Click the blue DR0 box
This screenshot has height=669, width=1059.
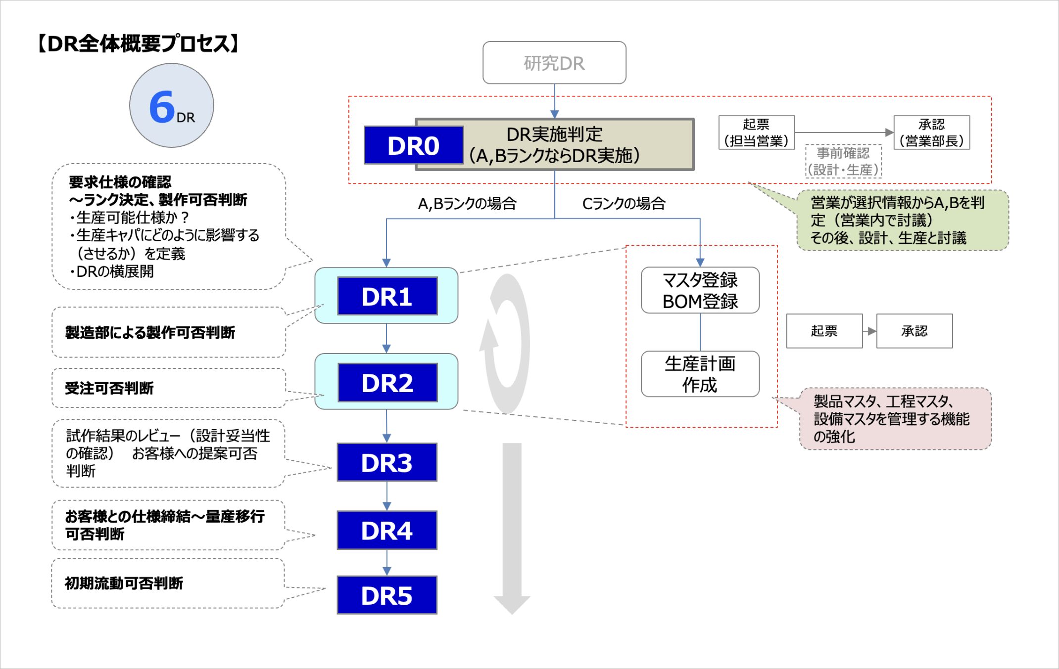coord(414,145)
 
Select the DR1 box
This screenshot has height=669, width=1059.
coord(387,296)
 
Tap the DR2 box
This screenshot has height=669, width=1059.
coord(387,383)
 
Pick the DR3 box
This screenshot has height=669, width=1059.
coord(387,462)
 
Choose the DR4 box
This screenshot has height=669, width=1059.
coord(387,530)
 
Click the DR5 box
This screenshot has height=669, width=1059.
coord(387,595)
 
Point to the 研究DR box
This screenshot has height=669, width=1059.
coord(554,63)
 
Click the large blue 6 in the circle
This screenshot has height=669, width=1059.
coord(162,106)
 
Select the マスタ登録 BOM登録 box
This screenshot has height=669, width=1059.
coord(700,290)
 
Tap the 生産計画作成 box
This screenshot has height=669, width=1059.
coord(700,374)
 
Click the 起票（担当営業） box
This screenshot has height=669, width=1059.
coord(756,133)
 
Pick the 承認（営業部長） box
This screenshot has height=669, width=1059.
coord(931,133)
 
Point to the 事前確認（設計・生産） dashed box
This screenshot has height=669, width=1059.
coord(843,161)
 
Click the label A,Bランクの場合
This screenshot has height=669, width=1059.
coord(467,203)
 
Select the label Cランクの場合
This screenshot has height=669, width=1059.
coord(624,203)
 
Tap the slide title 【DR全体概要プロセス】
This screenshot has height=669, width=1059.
coord(139,44)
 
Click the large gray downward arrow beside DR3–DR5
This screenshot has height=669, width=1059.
coord(512,529)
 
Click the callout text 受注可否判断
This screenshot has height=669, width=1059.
coord(109,388)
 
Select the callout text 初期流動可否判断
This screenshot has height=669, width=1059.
coord(124,583)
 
